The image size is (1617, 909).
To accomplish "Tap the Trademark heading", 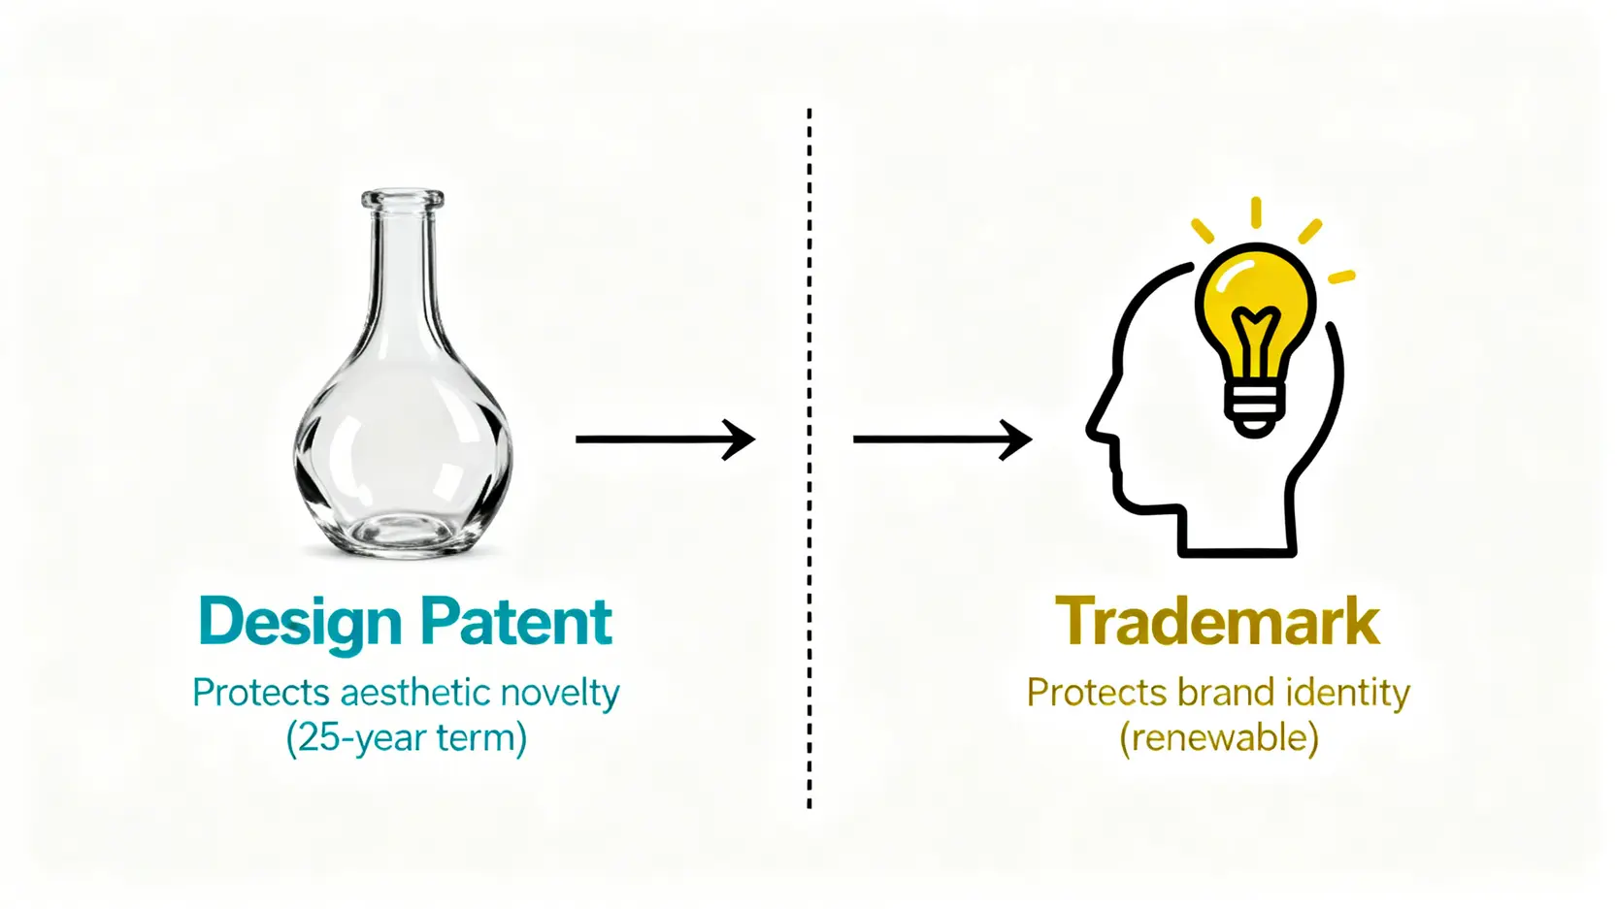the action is (1217, 621).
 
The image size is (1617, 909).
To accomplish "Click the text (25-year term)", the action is (407, 738).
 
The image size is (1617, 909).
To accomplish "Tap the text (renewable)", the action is (1218, 738).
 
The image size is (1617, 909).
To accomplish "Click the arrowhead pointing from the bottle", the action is (740, 438).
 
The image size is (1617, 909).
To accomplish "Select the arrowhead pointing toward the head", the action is (1015, 438).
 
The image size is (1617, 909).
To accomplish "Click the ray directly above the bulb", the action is (1257, 212).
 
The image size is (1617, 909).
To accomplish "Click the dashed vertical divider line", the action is (809, 459).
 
